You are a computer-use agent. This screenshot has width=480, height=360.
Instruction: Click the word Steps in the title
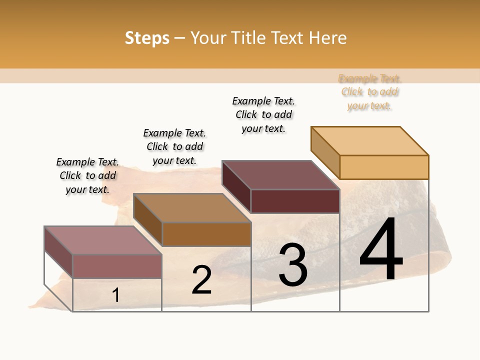coord(147,38)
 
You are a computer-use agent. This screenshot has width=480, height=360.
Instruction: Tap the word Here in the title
coord(327,38)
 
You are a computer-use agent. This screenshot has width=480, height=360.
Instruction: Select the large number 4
coord(381,249)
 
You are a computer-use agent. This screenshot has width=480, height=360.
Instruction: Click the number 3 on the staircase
coord(292,265)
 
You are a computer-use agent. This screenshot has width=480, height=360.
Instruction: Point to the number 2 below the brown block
coord(201,280)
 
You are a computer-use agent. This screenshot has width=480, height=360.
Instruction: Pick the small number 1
coord(115,295)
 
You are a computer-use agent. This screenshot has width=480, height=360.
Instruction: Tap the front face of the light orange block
coord(384,167)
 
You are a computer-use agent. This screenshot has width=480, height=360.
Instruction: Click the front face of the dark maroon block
coord(295,201)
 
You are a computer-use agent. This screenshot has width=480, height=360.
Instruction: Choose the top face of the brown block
coord(192,207)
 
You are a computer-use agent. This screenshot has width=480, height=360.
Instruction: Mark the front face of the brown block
coord(206,234)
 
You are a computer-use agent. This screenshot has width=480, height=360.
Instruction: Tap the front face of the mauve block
coord(117,266)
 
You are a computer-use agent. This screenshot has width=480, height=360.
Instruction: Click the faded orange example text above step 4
coord(369,92)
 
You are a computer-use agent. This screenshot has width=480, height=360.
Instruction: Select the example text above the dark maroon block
coord(263,114)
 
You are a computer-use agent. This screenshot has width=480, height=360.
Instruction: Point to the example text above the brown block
coord(174,146)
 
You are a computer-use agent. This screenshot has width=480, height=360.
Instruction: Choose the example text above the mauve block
coord(87,175)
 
